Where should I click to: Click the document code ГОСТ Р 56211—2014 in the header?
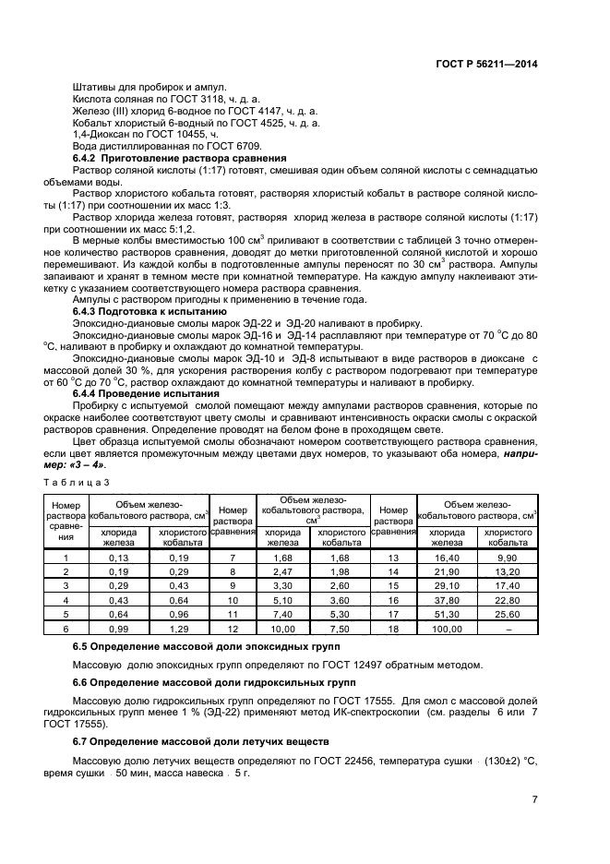point(486,65)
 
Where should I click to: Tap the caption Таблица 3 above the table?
point(77,482)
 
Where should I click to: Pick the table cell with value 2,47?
point(282,572)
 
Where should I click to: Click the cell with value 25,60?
point(507,614)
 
